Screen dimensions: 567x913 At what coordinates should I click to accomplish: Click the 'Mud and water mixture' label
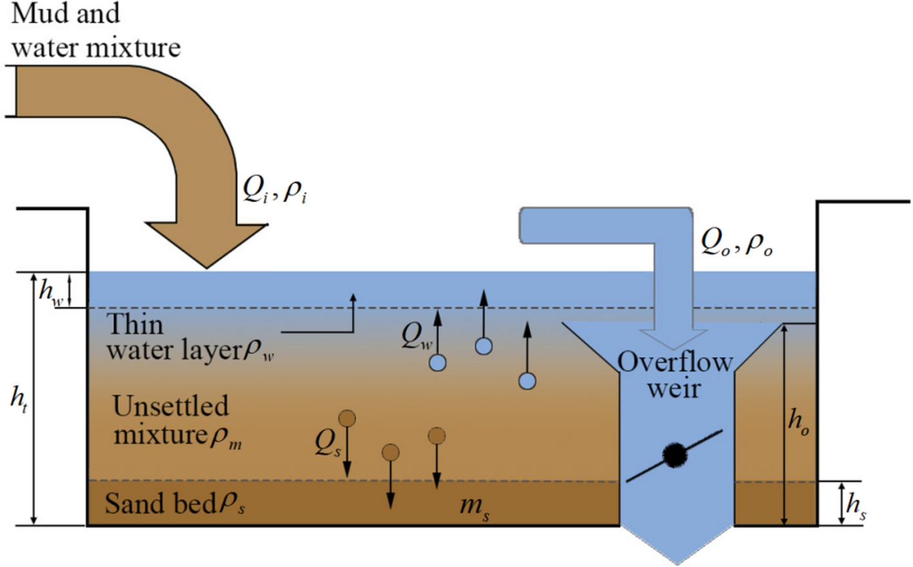[95, 30]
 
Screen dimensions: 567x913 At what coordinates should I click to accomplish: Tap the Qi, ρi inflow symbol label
[274, 189]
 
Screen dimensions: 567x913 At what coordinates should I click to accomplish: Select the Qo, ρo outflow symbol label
[736, 243]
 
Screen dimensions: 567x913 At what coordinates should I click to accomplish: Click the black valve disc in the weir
[674, 455]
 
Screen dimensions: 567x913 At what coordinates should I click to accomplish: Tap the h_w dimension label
[51, 291]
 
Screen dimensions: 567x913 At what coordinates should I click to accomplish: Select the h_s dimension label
[856, 505]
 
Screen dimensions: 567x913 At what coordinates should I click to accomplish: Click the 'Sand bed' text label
[175, 504]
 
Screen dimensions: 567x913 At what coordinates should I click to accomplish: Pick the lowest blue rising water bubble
[527, 381]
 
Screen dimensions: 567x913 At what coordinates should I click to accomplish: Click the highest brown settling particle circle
[347, 419]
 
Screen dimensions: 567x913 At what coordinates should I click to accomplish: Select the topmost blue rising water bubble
[484, 346]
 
